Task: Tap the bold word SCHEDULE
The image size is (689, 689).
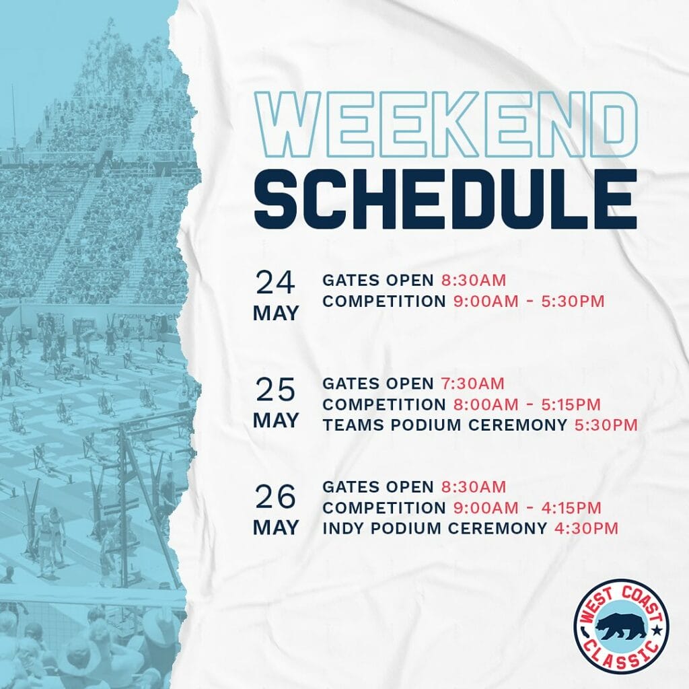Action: point(445,199)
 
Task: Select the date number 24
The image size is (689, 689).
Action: point(275,283)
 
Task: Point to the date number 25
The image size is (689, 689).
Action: point(275,390)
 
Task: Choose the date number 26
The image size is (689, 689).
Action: point(275,497)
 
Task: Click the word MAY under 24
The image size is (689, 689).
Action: point(275,314)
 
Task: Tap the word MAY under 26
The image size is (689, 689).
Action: point(275,528)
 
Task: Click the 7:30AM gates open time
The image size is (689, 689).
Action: point(473,384)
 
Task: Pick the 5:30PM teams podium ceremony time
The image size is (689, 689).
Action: point(606,425)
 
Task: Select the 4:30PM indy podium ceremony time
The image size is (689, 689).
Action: point(586,528)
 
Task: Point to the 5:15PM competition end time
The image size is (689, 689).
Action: point(571,404)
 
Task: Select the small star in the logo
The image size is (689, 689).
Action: point(657,631)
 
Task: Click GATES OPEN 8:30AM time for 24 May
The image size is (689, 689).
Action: point(474,281)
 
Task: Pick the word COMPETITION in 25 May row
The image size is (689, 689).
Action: point(384,404)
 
